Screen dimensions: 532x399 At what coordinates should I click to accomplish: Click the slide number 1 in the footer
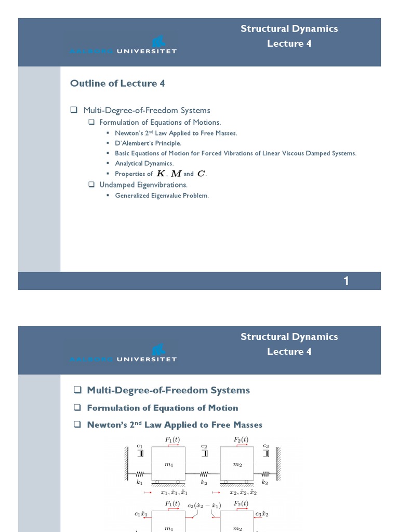click(346, 282)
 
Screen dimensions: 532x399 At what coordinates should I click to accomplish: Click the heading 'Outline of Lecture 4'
click(117, 84)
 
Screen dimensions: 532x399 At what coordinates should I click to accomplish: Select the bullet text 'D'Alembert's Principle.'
click(148, 143)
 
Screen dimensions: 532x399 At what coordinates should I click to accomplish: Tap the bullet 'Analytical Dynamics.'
click(144, 164)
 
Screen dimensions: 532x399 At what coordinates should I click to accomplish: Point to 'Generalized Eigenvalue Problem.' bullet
click(162, 196)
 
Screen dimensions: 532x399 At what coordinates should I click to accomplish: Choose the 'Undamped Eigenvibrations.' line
click(143, 185)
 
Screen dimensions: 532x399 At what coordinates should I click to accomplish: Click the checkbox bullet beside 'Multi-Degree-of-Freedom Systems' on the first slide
click(74, 110)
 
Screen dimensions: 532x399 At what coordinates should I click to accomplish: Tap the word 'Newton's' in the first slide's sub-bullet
click(128, 133)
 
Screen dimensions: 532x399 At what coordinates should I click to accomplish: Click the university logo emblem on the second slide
click(158, 349)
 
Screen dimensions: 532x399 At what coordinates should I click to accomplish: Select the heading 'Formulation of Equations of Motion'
click(163, 408)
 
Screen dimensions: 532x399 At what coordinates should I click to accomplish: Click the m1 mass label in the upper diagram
click(169, 465)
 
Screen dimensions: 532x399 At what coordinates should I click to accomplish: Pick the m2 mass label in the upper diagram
click(237, 465)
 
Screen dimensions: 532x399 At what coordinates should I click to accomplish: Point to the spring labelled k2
click(204, 474)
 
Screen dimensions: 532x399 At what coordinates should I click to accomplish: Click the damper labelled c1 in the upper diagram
click(140, 453)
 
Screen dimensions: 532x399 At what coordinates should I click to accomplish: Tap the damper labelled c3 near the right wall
click(267, 453)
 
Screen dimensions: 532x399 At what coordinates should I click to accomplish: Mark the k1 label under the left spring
click(139, 483)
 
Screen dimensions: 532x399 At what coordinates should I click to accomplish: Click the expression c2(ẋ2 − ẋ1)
click(204, 503)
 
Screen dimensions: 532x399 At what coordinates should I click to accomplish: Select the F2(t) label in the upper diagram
click(240, 440)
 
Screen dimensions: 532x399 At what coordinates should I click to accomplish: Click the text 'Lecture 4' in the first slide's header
click(289, 44)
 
